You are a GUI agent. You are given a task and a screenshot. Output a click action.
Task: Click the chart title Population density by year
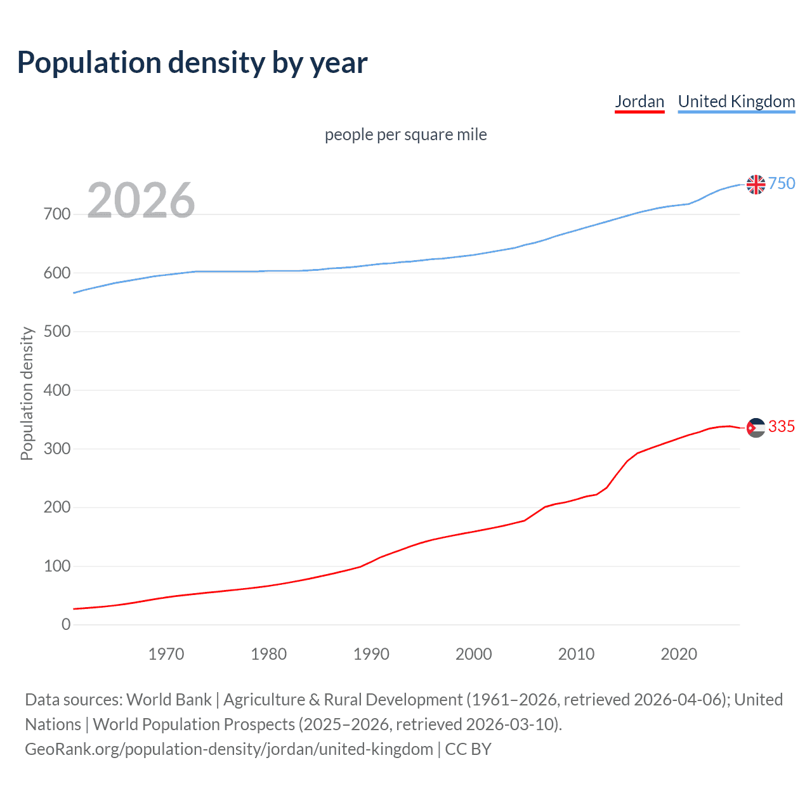(x=192, y=63)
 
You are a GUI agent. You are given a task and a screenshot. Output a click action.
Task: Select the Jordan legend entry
(x=639, y=101)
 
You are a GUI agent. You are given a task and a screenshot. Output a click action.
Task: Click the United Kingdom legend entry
(x=736, y=101)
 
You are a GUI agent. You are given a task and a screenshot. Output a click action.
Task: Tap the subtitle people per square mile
(x=405, y=134)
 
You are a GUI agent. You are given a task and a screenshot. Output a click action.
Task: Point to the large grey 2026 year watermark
(x=141, y=200)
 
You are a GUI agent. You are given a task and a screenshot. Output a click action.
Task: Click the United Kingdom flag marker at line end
(x=756, y=184)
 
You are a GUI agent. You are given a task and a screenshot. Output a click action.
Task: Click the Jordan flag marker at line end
(x=756, y=428)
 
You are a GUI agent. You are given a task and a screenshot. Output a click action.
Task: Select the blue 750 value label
(x=782, y=183)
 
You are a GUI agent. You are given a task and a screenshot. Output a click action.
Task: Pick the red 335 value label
(x=782, y=427)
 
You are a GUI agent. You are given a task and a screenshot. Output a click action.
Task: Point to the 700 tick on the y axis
(x=57, y=214)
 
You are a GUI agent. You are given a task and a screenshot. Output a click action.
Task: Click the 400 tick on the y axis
(x=57, y=390)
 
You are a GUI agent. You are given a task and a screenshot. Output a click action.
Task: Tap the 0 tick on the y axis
(x=66, y=624)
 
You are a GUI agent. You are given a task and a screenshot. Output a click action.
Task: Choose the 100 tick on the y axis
(x=57, y=566)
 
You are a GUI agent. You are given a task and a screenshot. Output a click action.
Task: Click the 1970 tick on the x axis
(x=166, y=654)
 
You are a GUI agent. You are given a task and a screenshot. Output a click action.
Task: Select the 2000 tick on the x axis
(x=473, y=654)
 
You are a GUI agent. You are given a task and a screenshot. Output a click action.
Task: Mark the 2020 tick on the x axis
(x=679, y=654)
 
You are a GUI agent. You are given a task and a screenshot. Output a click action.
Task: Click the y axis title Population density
(x=27, y=393)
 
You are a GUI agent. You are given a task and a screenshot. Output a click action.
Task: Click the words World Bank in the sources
(x=169, y=700)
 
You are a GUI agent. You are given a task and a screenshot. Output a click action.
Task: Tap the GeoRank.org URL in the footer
(x=228, y=749)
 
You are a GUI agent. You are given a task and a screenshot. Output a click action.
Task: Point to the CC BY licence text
(x=468, y=749)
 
